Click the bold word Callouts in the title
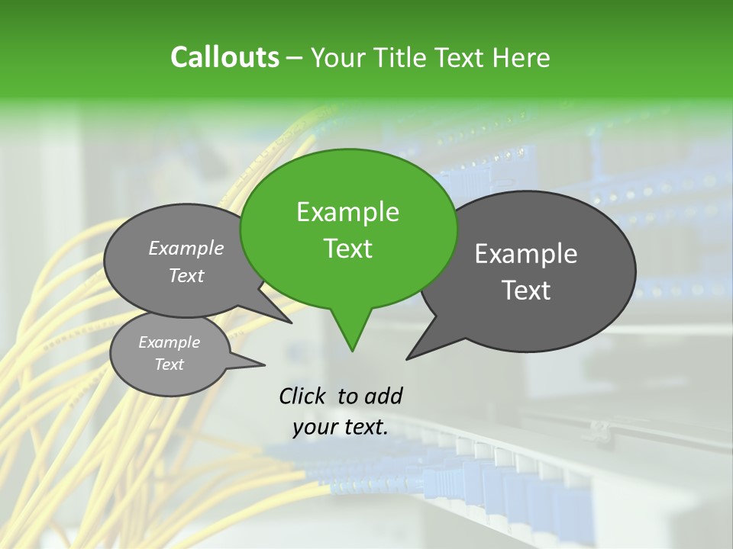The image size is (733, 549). coord(224,58)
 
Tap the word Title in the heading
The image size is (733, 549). coord(404,58)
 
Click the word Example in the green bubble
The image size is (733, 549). coord(347,212)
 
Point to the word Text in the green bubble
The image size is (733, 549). coord(347,249)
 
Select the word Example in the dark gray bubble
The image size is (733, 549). coord(526,254)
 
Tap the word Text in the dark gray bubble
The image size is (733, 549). coord(526,291)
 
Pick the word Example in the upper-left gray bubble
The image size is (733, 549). coord(186,249)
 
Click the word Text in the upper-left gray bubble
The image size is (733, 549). coord(186,276)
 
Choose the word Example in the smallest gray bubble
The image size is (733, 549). coord(169,342)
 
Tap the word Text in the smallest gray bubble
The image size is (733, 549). coord(169,364)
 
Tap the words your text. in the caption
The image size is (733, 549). coord(340,427)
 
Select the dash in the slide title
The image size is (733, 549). coord(295,58)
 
